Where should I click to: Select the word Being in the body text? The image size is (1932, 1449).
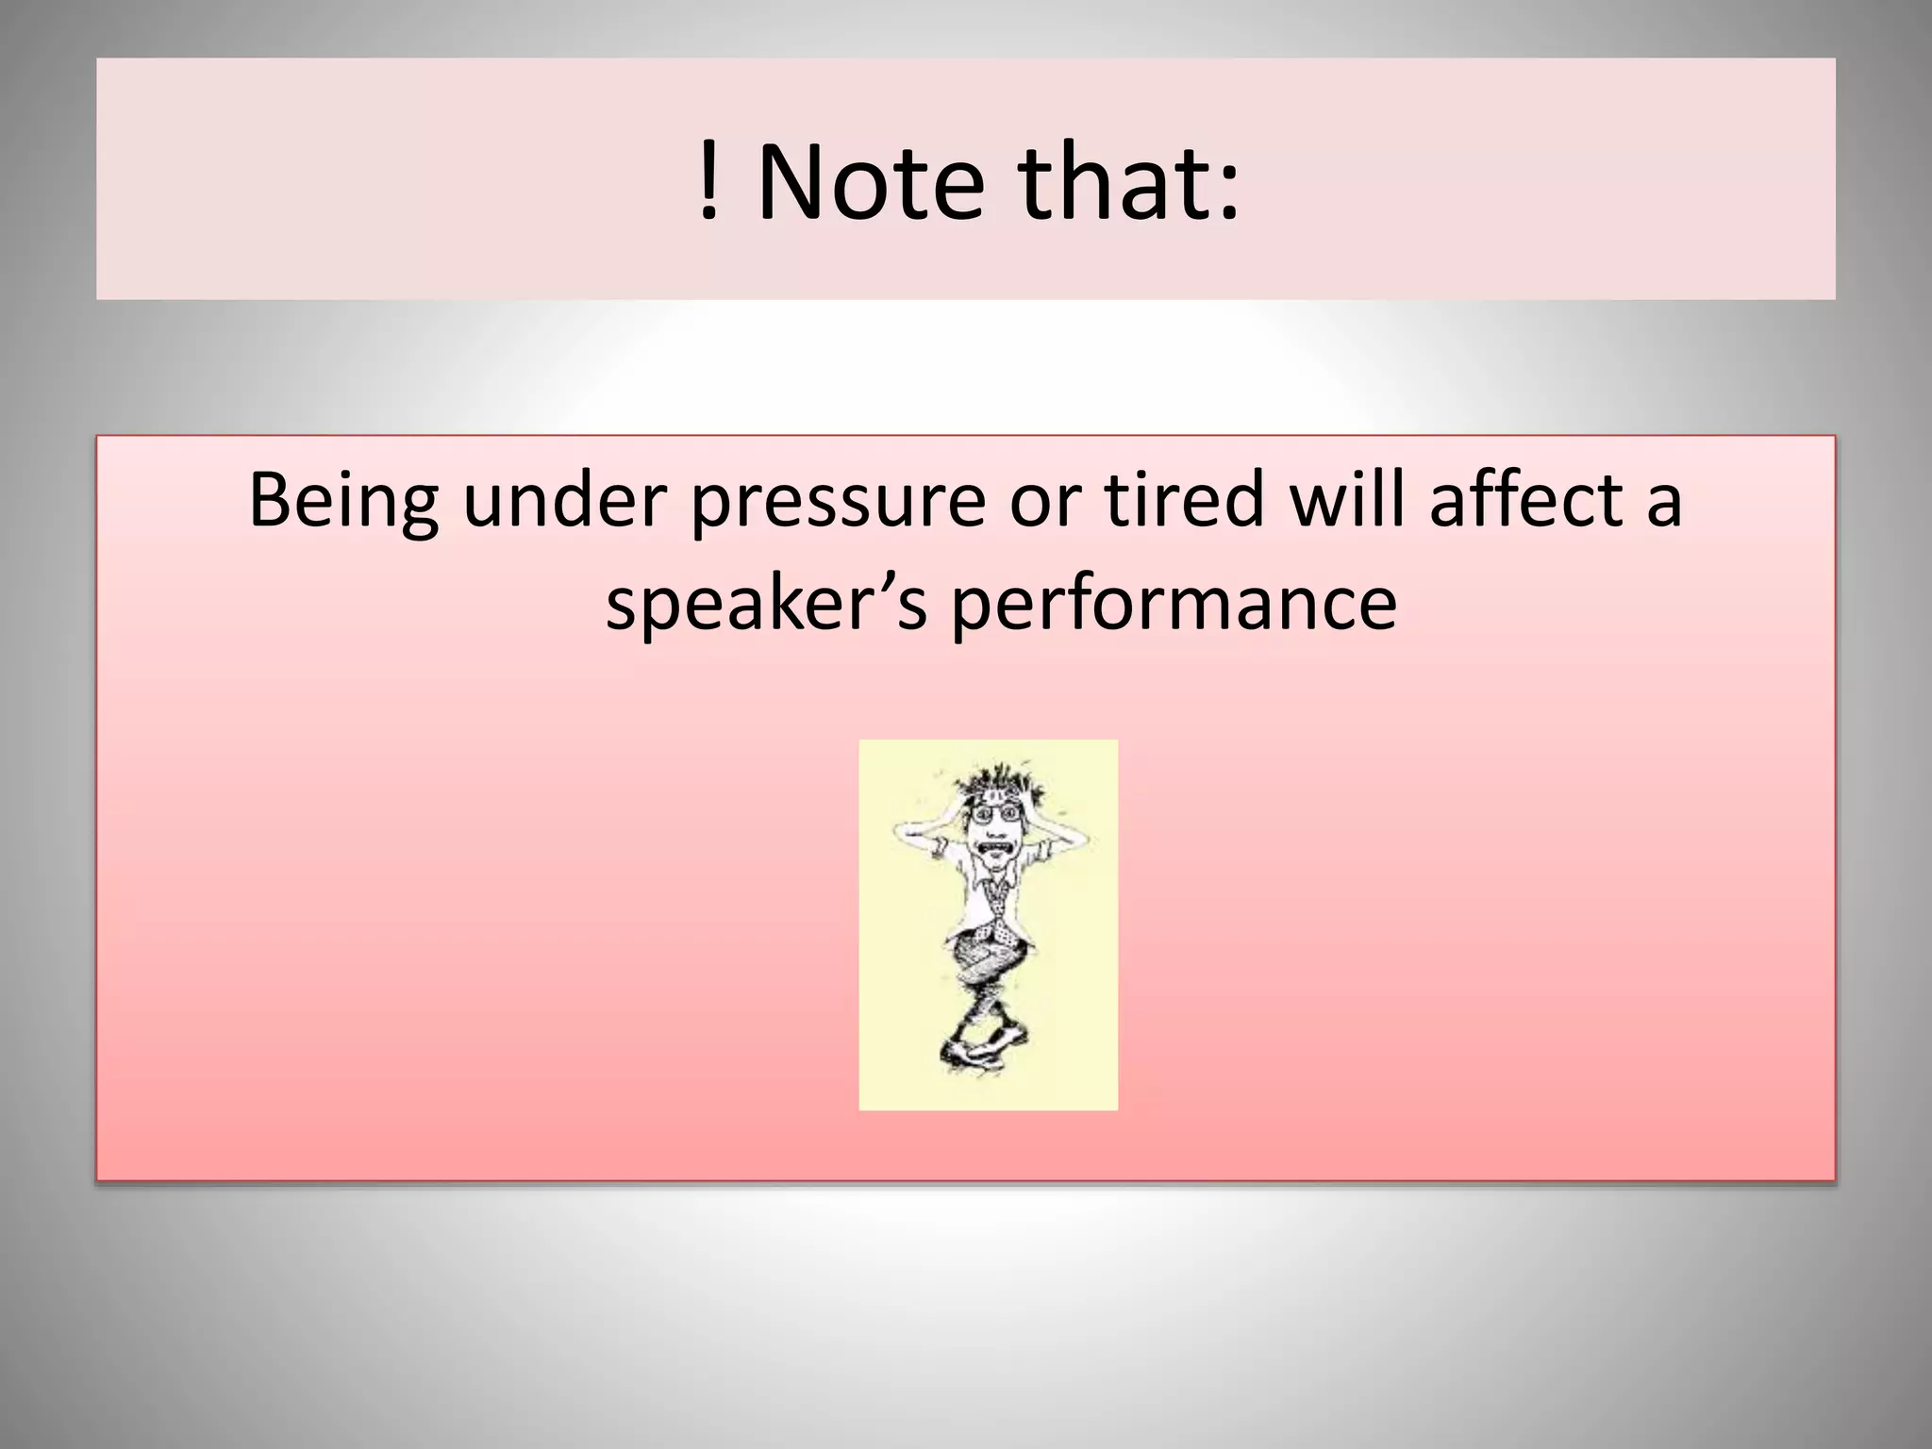[x=341, y=502]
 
